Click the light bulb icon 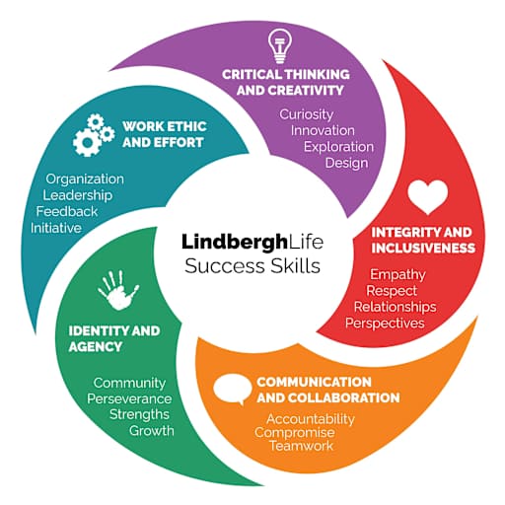(x=280, y=46)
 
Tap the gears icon (x=94, y=135)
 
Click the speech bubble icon (x=232, y=390)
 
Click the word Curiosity (x=307, y=115)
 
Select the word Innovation (x=323, y=130)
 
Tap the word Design (x=346, y=163)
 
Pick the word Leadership (x=78, y=195)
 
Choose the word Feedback (x=67, y=211)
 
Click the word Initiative (x=56, y=228)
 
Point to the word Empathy (x=397, y=275)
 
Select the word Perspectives (x=385, y=324)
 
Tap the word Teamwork (x=302, y=446)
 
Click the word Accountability (x=311, y=419)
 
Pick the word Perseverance (x=129, y=398)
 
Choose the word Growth (x=152, y=431)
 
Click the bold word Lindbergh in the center (x=235, y=243)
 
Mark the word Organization (x=85, y=180)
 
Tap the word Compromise (x=295, y=433)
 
